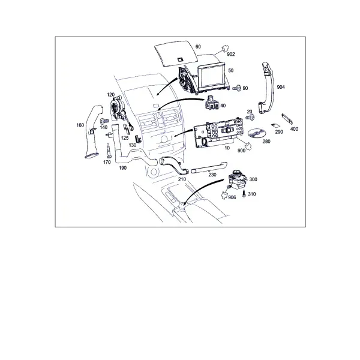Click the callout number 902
(x=231, y=54)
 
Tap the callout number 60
(x=198, y=47)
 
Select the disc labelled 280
(x=257, y=133)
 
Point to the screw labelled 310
(x=244, y=194)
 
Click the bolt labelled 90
(x=237, y=88)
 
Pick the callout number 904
(x=281, y=87)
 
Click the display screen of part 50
(x=212, y=77)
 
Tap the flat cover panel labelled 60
(x=176, y=53)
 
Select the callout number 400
(x=294, y=129)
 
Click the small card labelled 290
(x=275, y=125)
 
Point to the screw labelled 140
(x=104, y=120)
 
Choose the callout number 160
(x=80, y=125)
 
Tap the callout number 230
(x=212, y=175)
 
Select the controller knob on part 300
(x=236, y=173)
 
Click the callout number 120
(x=110, y=95)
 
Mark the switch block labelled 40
(x=211, y=103)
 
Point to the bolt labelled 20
(x=250, y=118)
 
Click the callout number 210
(x=182, y=179)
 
